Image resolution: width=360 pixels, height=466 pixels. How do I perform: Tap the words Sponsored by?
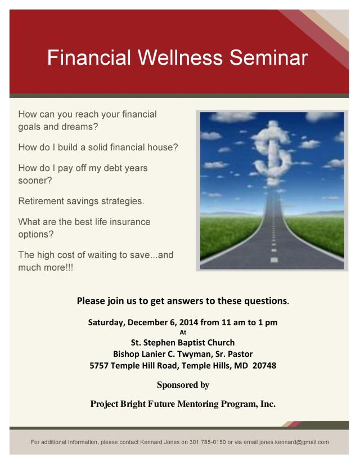[182, 385]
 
